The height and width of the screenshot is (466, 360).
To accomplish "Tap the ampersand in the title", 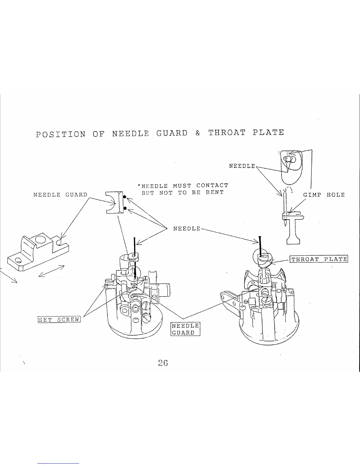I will point(197,133).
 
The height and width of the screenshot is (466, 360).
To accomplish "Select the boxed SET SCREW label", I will point(59,319).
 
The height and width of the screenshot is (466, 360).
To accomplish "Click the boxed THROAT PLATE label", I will point(319,259).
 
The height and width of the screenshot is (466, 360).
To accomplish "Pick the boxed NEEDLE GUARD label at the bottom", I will point(185,329).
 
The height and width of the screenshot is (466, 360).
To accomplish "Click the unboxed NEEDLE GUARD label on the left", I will point(60,194).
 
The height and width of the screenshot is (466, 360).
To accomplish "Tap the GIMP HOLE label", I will point(324,194).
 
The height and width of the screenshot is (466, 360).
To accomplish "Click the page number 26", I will point(163,363).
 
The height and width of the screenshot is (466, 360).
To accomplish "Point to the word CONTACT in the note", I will point(212,186).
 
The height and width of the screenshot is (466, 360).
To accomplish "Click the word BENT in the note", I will point(214,192).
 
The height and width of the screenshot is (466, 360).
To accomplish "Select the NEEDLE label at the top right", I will point(242,166).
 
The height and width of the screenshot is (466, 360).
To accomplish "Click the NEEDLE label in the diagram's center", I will point(187,229).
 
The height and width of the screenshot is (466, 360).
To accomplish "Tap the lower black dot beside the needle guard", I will point(125,208).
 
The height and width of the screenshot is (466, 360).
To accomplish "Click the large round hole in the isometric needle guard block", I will point(40,240).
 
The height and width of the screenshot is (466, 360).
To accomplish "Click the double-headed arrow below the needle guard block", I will point(51,271).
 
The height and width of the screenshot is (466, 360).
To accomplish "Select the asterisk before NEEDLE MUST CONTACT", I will point(139,186).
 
